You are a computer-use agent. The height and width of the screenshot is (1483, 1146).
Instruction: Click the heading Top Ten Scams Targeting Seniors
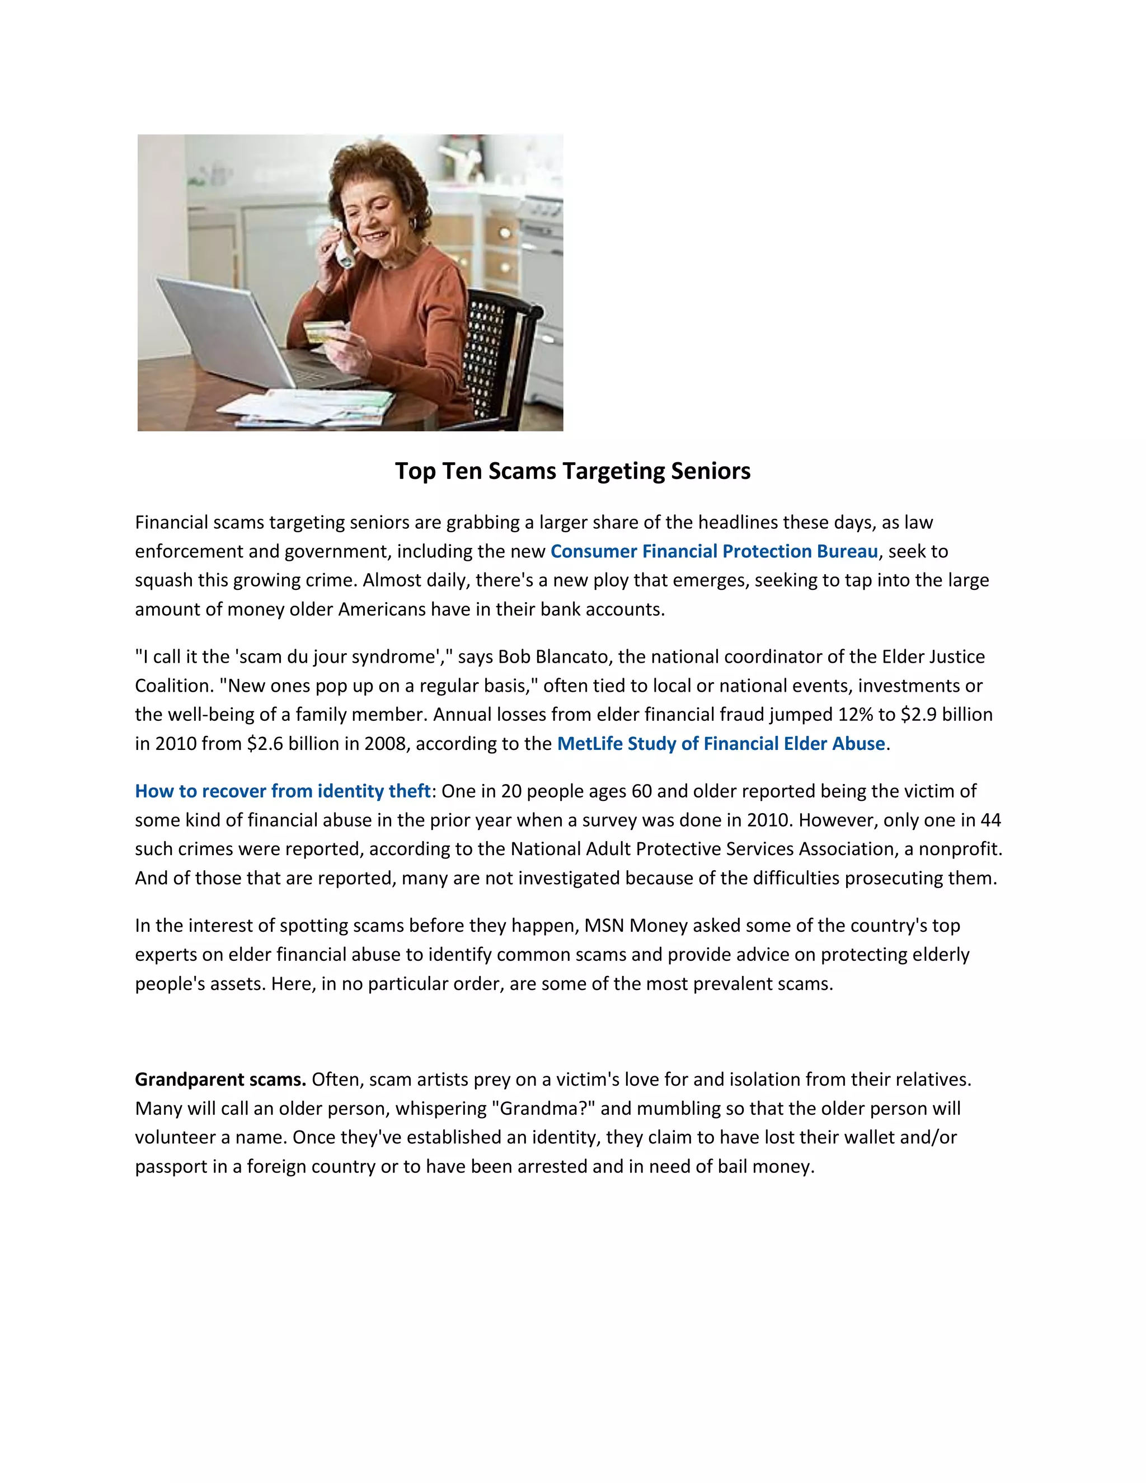tap(572, 471)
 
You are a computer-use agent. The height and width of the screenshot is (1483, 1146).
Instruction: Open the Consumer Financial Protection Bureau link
tap(713, 551)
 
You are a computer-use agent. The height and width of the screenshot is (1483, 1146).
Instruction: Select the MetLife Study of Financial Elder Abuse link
tap(720, 744)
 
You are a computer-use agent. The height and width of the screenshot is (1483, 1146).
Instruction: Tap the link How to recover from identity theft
tap(283, 791)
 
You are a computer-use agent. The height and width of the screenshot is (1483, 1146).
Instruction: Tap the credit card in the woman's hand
tap(321, 332)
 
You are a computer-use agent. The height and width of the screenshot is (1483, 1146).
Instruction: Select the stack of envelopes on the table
tap(306, 407)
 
